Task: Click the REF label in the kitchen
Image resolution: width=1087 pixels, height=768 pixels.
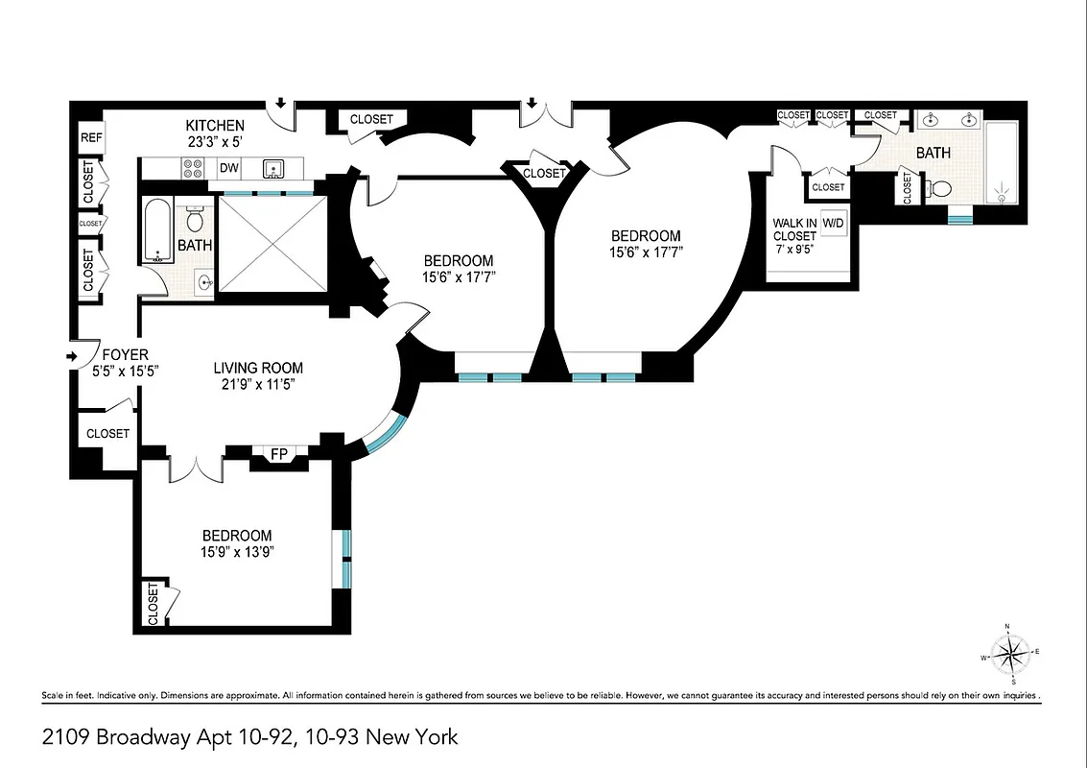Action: click(91, 138)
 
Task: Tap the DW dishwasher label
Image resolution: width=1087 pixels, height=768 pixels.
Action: click(228, 169)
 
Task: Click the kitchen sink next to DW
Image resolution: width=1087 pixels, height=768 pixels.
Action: click(273, 169)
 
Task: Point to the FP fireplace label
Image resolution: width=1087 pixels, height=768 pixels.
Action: click(279, 454)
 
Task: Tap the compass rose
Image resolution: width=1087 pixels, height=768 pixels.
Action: click(1009, 657)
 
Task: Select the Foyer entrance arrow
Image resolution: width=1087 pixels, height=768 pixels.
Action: click(71, 357)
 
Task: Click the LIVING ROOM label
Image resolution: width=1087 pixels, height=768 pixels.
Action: click(257, 368)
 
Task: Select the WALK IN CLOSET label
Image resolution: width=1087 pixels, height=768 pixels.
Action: click(794, 229)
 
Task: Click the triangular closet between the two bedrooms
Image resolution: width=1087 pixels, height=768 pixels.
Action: click(545, 174)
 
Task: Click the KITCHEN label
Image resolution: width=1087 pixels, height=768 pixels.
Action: click(215, 126)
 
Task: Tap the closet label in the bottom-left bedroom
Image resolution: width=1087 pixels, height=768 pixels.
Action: click(153, 605)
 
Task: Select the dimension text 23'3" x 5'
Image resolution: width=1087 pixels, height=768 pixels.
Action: click(215, 142)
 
